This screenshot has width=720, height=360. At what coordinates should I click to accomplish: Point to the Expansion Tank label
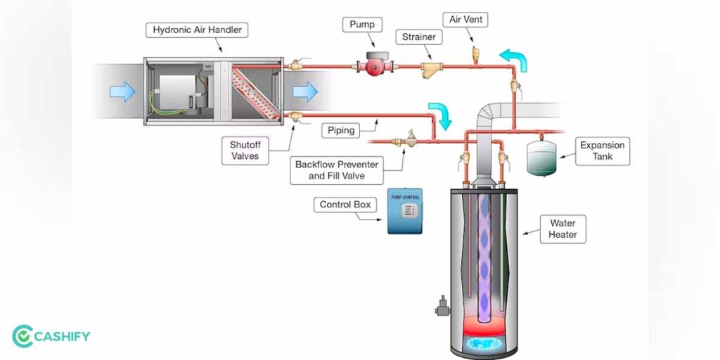pos(602,151)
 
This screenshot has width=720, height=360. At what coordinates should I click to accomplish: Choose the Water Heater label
pos(562,229)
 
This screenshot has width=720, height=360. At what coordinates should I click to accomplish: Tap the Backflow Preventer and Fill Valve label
pos(337,170)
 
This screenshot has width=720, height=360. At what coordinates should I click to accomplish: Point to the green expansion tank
pos(542,157)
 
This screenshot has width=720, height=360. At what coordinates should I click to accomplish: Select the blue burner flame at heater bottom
pos(486,342)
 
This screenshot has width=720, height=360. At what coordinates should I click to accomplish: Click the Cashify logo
pos(51,336)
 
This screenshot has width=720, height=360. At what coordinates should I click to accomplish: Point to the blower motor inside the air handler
pos(176,91)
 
